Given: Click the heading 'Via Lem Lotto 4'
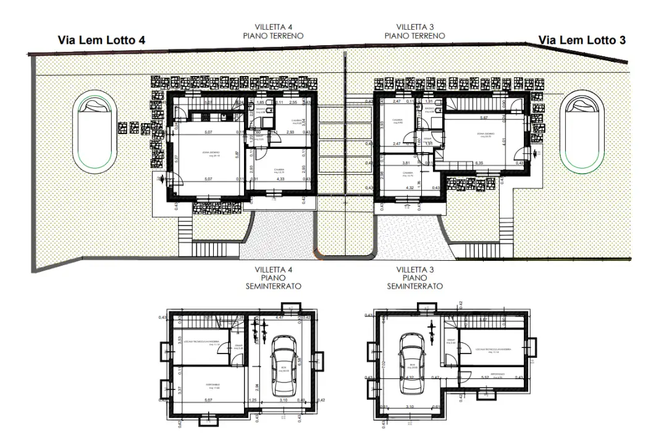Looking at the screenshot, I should pos(102,40).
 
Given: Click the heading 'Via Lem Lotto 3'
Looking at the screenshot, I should pos(582,40).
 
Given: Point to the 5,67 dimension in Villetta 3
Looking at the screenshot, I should pos(486,117).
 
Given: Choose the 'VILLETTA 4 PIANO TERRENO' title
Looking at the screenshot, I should pos(282,32).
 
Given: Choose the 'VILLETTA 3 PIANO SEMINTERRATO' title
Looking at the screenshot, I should pos(414,278).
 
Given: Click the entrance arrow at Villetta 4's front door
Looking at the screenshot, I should pos(162,179).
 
